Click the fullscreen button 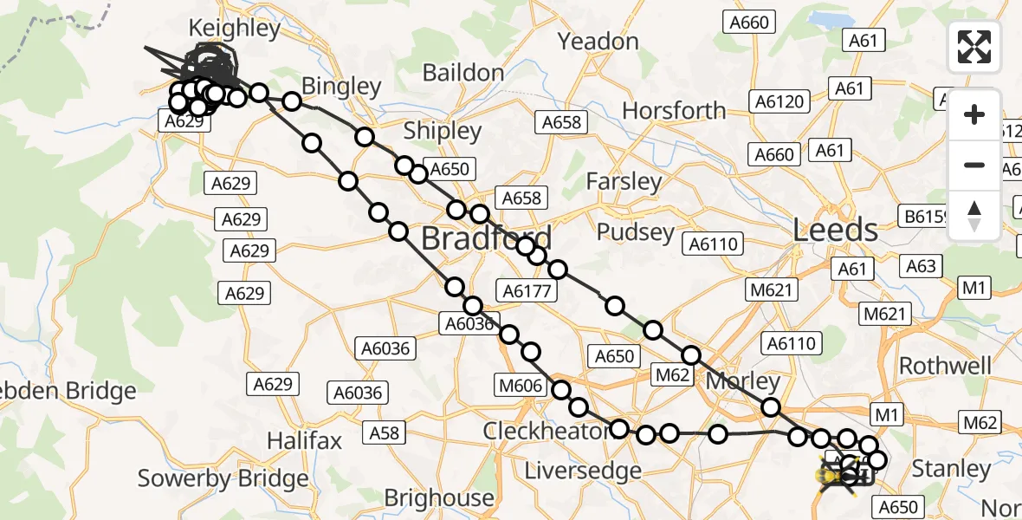click(x=974, y=47)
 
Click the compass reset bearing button click(x=974, y=216)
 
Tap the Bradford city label click(x=486, y=238)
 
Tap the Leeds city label click(x=836, y=230)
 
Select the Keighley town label click(x=235, y=29)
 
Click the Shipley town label click(x=443, y=131)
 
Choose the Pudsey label click(x=635, y=232)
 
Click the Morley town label click(x=742, y=381)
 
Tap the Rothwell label click(x=945, y=365)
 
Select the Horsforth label click(x=674, y=111)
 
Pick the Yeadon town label click(x=598, y=41)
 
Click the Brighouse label click(x=439, y=498)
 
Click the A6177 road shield click(x=527, y=291)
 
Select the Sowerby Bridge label click(x=223, y=478)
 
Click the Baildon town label click(x=464, y=73)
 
